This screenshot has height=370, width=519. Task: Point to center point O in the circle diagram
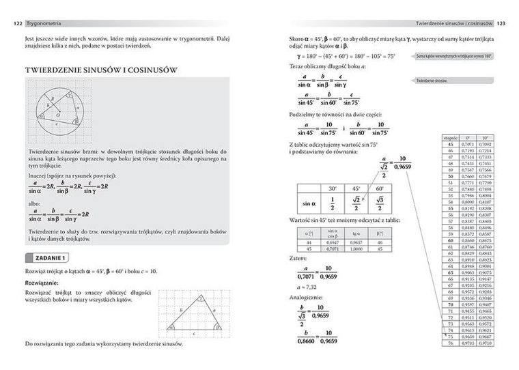58,116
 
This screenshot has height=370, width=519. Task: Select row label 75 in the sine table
450,337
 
